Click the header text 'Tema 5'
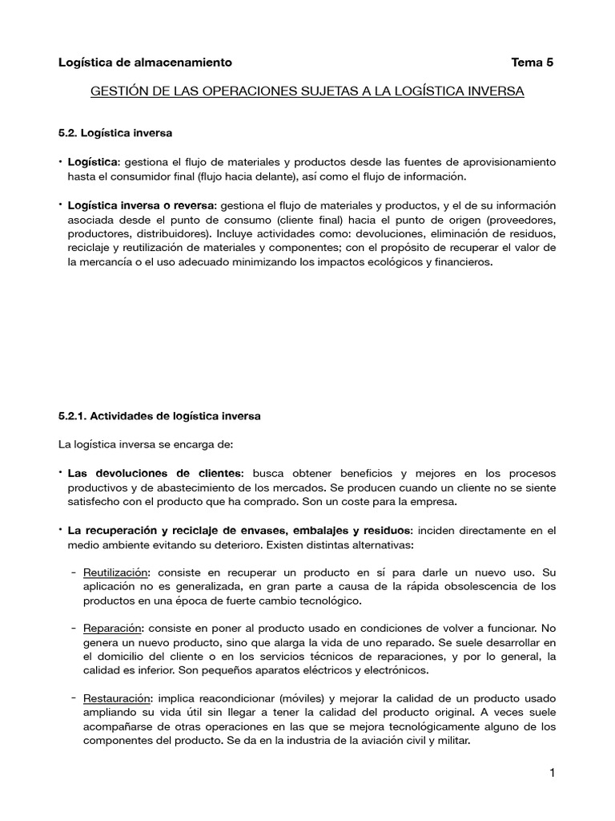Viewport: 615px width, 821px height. click(532, 62)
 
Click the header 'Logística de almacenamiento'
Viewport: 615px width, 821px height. click(146, 62)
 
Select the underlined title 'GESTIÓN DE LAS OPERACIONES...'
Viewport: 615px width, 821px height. click(307, 92)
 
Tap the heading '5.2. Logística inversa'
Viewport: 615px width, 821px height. click(115, 131)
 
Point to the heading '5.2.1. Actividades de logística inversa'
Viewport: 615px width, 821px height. click(159, 416)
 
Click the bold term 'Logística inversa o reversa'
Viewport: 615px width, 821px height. click(142, 206)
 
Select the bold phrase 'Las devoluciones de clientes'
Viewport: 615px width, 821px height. click(154, 473)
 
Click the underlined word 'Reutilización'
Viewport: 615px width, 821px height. click(116, 572)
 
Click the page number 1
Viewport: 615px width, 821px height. click(553, 773)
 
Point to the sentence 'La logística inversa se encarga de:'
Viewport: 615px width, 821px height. click(144, 443)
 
